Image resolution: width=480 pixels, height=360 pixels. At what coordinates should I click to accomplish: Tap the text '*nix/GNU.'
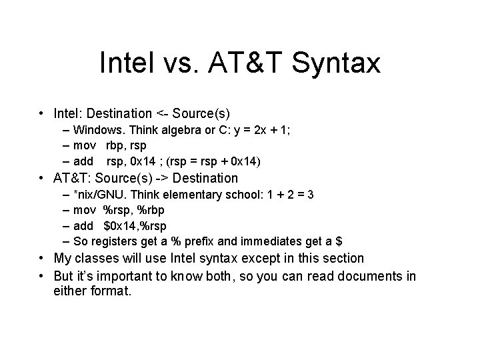point(98,194)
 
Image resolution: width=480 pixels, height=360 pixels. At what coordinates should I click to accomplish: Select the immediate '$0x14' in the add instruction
point(118,225)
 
